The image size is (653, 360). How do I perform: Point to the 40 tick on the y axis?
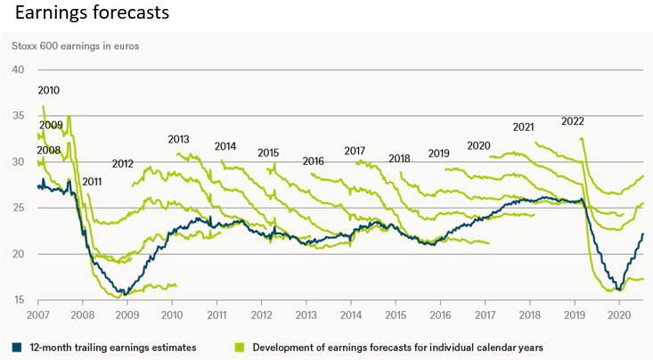point(18,70)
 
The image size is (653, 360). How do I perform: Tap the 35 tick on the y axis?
point(18,116)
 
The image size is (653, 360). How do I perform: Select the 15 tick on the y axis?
point(18,300)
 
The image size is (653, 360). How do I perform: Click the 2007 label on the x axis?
point(37,316)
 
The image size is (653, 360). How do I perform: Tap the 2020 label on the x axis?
point(618,316)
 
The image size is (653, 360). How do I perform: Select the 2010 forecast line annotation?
point(49,90)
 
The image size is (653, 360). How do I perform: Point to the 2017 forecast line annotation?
point(355,151)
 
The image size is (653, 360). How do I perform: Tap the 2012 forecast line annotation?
point(122,164)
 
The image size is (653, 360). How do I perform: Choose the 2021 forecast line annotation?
point(524,127)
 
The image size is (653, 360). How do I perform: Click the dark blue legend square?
point(17,347)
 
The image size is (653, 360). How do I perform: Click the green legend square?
point(239,347)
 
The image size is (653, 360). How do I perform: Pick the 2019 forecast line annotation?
point(438,153)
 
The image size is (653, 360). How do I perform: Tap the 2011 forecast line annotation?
point(93,182)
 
